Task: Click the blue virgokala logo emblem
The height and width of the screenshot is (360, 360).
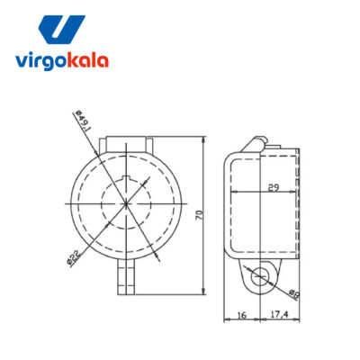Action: pos(62,30)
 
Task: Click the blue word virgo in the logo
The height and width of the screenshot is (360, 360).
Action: pos(41,61)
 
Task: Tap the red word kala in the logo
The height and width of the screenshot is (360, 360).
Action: pos(88,60)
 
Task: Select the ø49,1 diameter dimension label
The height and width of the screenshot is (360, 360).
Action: pos(83,121)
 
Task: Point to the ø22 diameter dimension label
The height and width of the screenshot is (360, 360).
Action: pos(74,258)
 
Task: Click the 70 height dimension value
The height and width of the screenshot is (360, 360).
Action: pos(200,215)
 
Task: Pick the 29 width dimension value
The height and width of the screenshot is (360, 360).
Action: pos(274,188)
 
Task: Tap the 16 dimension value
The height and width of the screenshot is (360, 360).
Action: pos(242,315)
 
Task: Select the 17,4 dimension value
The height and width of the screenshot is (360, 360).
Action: pos(279,314)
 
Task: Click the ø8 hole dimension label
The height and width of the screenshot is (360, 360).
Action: pos(294,294)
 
